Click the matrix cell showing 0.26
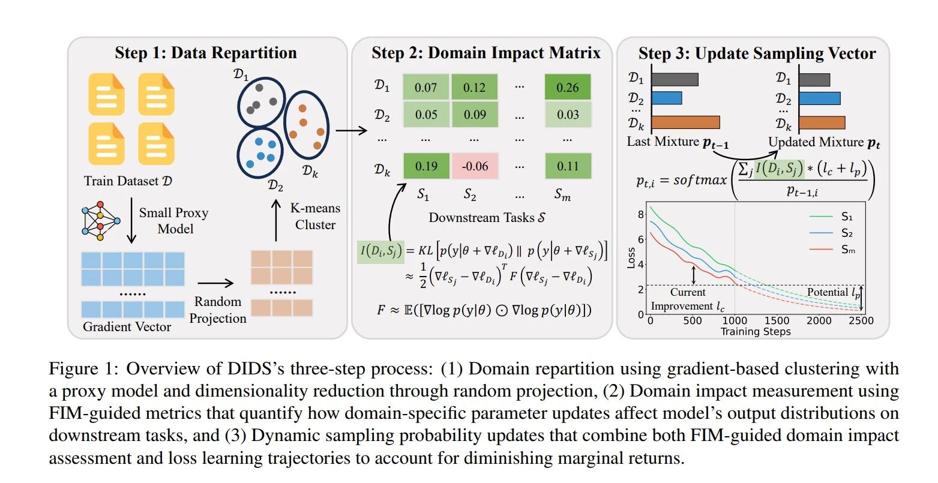coord(567,87)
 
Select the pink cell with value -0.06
coord(475,166)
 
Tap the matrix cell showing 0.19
coord(426,166)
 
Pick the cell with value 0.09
coord(475,114)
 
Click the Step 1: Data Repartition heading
coord(206,53)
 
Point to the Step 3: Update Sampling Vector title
coord(757,53)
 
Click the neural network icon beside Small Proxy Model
coord(100,221)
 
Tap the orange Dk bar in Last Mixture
coord(685,122)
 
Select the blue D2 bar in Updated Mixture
coord(820,98)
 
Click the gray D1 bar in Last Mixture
coord(675,80)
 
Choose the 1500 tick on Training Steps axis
coord(777,320)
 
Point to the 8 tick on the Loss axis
coord(641,215)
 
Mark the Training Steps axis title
coord(756,332)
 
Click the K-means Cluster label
coord(315,217)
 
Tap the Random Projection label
coord(218,310)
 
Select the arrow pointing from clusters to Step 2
coord(352,131)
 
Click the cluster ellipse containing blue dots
coord(260,153)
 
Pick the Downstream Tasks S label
coord(487,218)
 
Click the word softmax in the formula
coord(700,181)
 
